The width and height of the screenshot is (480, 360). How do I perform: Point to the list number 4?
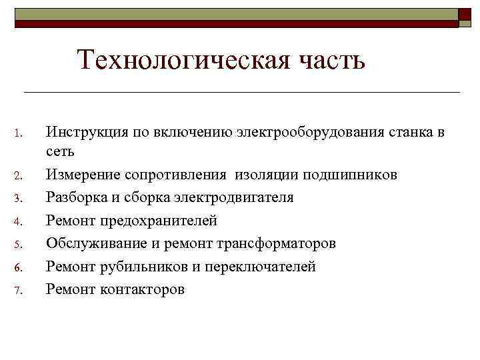[19, 221]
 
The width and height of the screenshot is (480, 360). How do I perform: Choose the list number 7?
[19, 290]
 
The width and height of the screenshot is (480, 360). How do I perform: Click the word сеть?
[60, 153]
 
